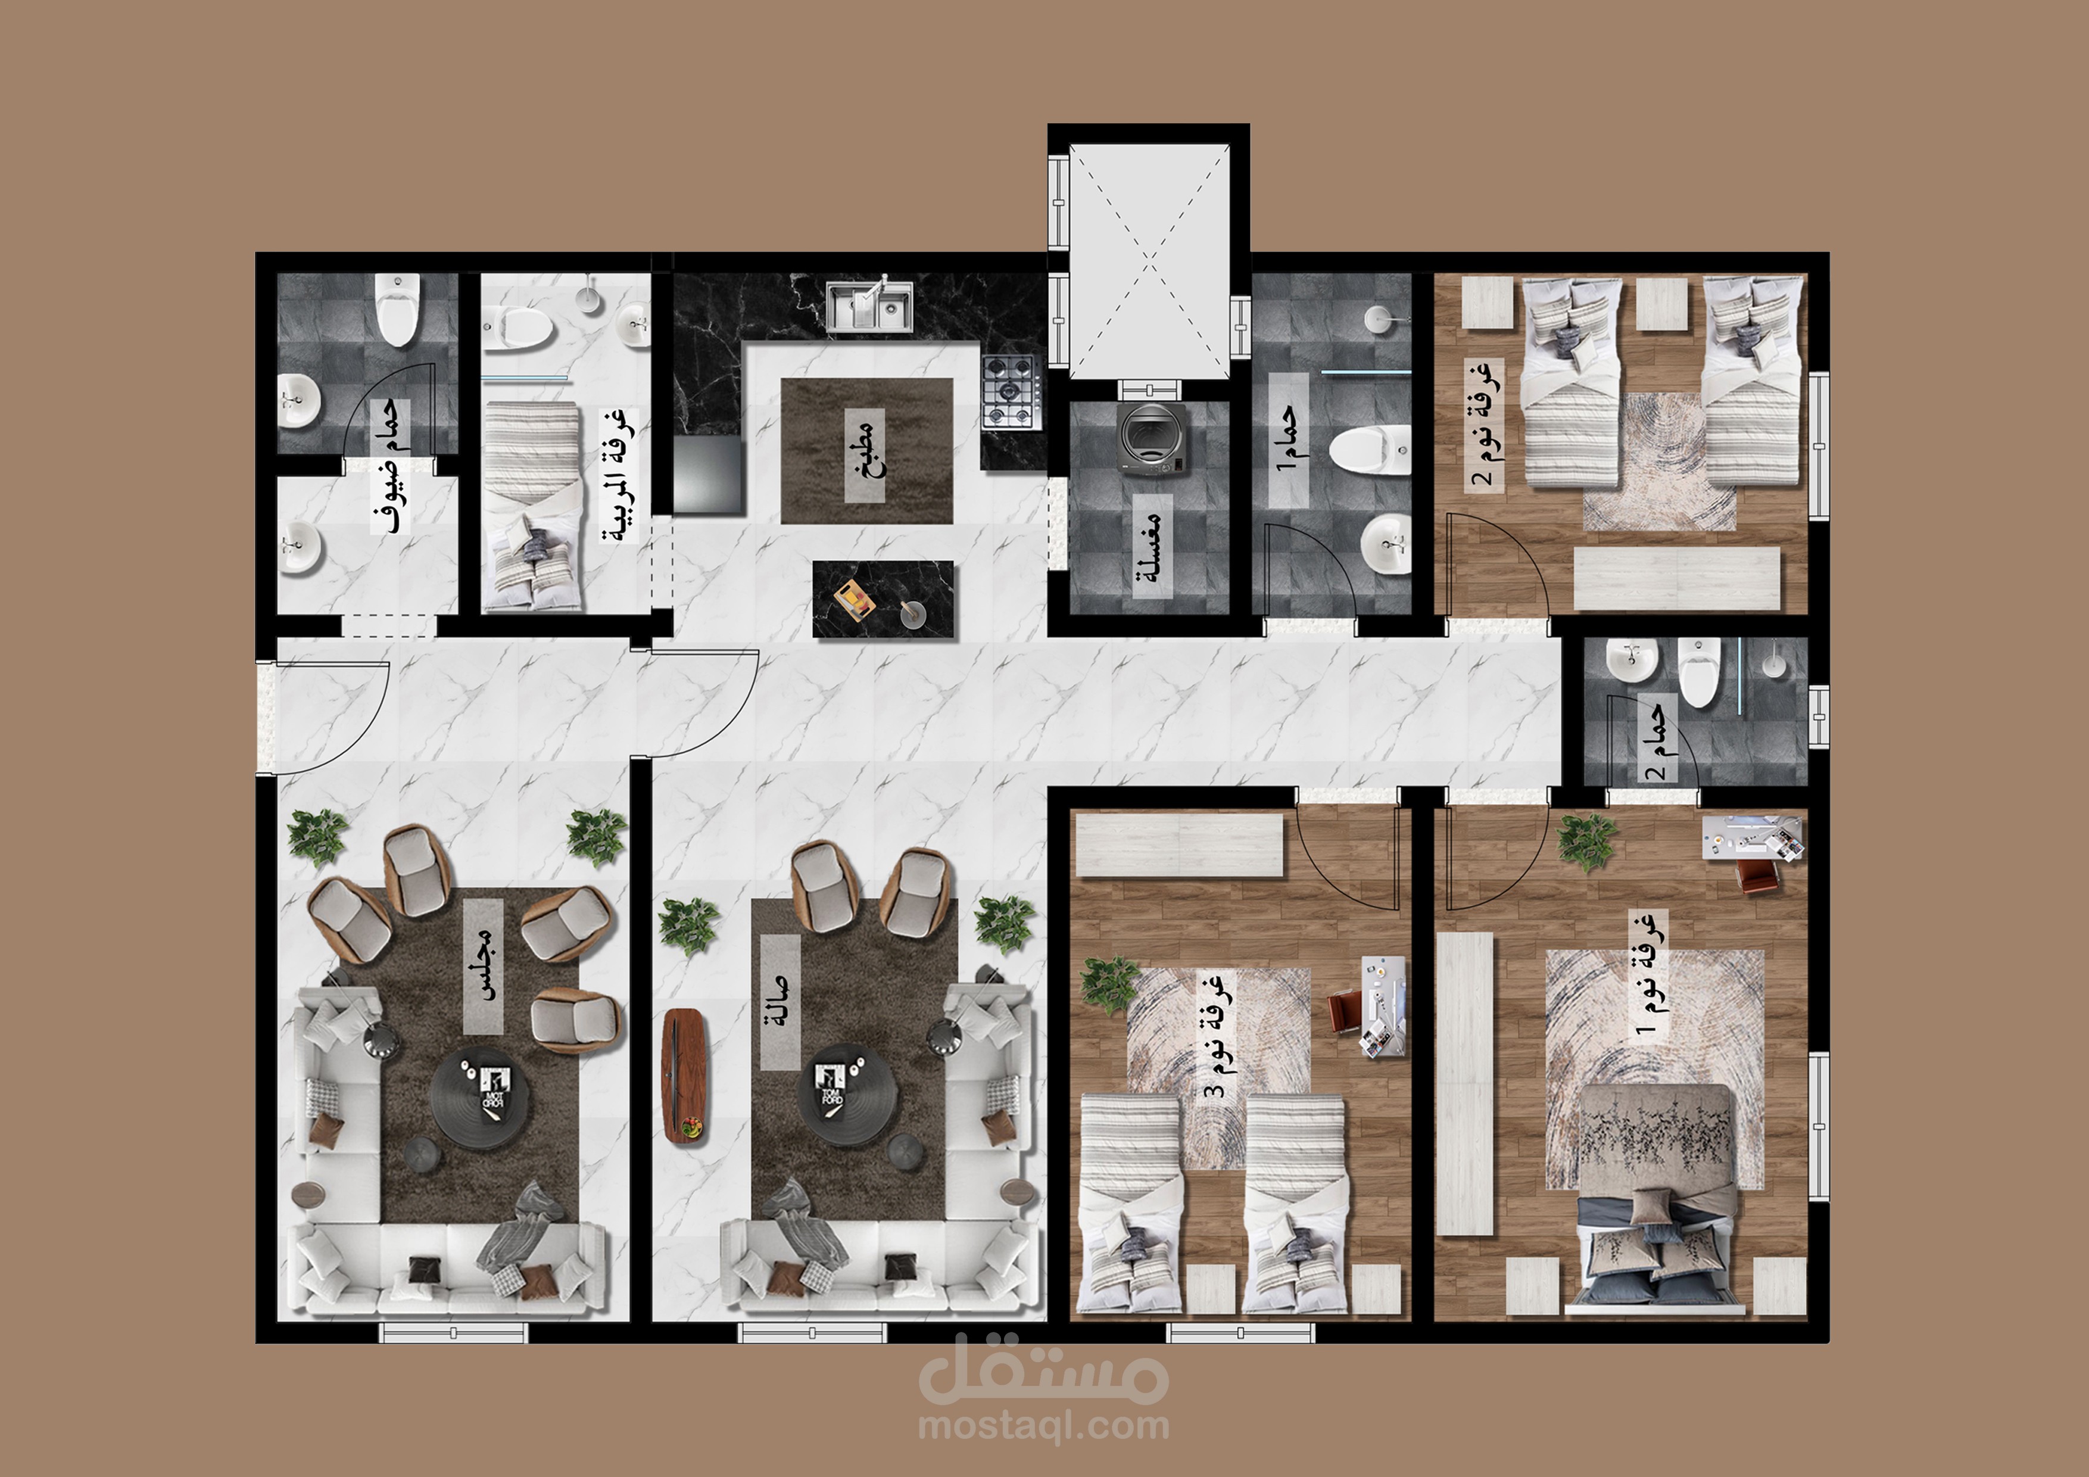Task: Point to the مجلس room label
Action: click(x=483, y=967)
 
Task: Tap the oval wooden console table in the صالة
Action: click(x=685, y=1076)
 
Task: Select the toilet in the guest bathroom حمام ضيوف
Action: click(x=398, y=310)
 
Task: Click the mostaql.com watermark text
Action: click(x=1043, y=1424)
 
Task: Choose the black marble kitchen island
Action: click(x=883, y=599)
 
